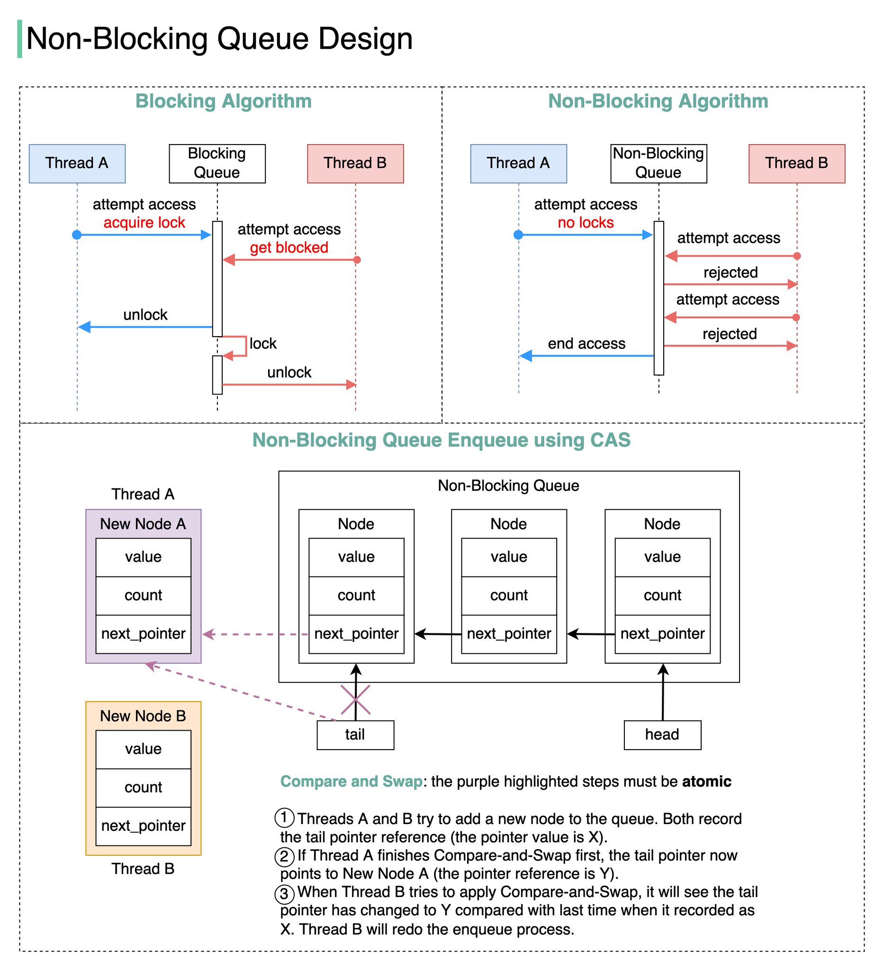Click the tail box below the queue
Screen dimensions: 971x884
click(x=355, y=735)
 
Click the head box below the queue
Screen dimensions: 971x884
click(x=662, y=735)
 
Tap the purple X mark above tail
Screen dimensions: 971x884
click(x=356, y=699)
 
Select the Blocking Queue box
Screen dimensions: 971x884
click(x=217, y=163)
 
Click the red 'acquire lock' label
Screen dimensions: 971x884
click(x=144, y=222)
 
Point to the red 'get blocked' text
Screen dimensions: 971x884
click(x=289, y=247)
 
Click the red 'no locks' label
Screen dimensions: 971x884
click(x=586, y=222)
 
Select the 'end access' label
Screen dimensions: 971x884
click(x=586, y=343)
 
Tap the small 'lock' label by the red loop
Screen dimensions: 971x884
click(x=263, y=343)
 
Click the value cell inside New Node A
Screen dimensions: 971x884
click(x=144, y=557)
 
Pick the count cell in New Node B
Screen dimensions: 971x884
click(x=144, y=788)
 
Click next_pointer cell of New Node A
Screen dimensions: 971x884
click(x=144, y=634)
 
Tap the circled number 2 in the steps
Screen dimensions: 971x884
click(x=284, y=857)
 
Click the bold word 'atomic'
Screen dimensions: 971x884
click(x=706, y=781)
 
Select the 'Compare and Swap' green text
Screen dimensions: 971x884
click(x=352, y=781)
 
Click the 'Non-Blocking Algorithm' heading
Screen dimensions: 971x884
click(x=658, y=101)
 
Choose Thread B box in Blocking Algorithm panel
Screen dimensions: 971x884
click(x=355, y=163)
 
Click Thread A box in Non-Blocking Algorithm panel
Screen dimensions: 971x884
click(x=518, y=163)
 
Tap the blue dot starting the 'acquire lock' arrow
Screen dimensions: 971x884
click(x=77, y=235)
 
